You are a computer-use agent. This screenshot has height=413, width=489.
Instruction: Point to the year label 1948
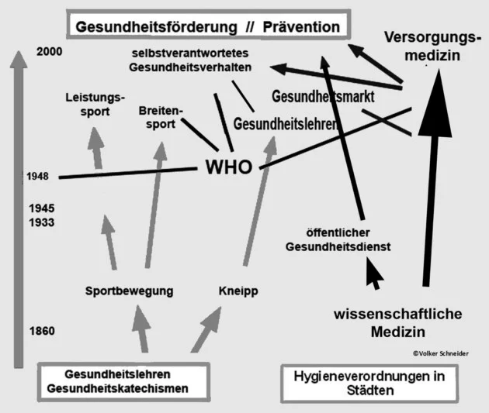click(36, 176)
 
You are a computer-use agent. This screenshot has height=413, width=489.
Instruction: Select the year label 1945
click(41, 208)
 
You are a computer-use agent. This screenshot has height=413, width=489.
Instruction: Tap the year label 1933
click(41, 222)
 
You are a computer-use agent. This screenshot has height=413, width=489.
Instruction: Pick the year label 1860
click(41, 332)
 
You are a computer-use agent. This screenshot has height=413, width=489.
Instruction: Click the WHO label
click(228, 167)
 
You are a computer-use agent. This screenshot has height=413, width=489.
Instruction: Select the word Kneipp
click(238, 291)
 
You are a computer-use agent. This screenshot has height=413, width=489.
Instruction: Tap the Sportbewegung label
click(129, 291)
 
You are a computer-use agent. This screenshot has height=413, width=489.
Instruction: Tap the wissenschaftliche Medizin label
click(398, 322)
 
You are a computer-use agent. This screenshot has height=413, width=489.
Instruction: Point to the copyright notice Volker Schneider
click(446, 353)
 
